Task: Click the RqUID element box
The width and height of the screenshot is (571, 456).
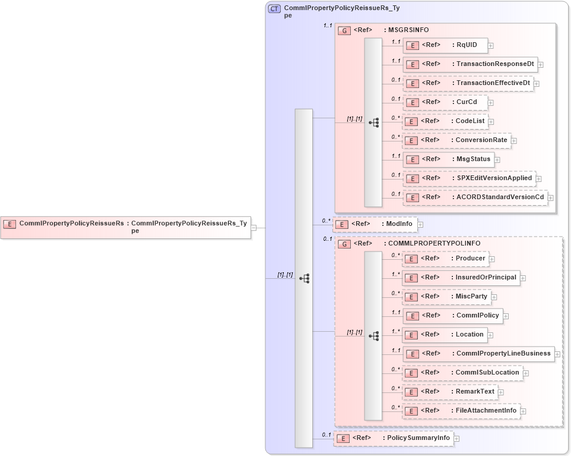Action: tap(446, 45)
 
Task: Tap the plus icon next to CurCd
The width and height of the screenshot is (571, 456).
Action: tap(490, 103)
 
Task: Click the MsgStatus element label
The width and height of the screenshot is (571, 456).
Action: tap(472, 159)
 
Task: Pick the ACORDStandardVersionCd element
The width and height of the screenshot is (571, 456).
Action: tap(475, 197)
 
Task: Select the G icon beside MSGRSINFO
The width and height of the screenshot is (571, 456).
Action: tap(344, 30)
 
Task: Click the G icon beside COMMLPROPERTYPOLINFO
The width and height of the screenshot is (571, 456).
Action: tap(344, 244)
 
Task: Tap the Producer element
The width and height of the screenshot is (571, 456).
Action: tap(445, 259)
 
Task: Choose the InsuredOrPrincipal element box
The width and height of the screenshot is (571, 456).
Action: tap(461, 278)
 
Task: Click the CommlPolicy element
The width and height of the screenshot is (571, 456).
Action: tap(453, 316)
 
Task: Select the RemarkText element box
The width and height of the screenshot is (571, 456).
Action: tap(450, 392)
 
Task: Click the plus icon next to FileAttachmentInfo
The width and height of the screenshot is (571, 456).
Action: tap(523, 411)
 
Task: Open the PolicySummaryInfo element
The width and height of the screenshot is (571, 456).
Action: tap(393, 439)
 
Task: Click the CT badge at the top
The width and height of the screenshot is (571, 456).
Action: tap(274, 9)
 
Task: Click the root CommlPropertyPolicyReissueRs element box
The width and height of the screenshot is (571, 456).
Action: tap(125, 227)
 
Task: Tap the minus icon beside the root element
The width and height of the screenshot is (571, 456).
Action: tap(253, 227)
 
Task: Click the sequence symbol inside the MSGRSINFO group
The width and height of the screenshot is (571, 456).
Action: tap(373, 122)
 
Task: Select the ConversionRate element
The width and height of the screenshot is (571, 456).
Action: tap(456, 140)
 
